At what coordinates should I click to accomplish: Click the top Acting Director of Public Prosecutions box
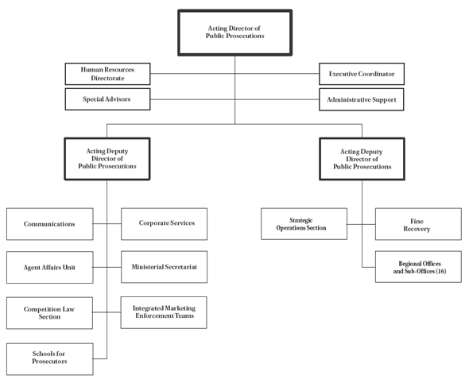[x=234, y=33]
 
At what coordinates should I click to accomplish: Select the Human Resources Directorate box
[x=107, y=74]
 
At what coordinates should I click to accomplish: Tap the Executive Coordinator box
[x=362, y=74]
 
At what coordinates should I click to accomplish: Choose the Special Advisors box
[x=107, y=99]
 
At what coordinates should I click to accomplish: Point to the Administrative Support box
[x=362, y=99]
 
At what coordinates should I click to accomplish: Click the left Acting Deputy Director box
[x=107, y=158]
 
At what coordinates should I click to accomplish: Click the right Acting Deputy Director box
[x=362, y=158]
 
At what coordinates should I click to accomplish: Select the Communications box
[x=49, y=224]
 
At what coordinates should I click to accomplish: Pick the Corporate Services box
[x=164, y=224]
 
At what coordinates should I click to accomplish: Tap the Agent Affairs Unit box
[x=49, y=267]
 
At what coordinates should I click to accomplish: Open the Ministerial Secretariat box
[x=164, y=267]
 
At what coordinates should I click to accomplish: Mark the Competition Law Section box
[x=49, y=312]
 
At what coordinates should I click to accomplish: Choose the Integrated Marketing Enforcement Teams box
[x=164, y=312]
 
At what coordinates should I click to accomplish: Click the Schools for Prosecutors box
[x=49, y=358]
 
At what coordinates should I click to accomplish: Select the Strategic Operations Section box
[x=304, y=224]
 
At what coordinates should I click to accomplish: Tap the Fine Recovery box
[x=418, y=224]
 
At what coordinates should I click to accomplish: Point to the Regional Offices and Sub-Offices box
[x=418, y=267]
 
